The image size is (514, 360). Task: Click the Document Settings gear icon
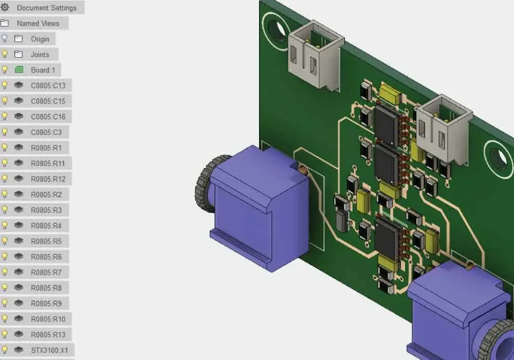[x=5, y=7]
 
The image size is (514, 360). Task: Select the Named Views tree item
[x=38, y=23]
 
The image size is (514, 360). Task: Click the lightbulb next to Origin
[x=5, y=39]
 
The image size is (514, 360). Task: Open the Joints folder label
[x=40, y=55]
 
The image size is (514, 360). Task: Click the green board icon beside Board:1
[x=19, y=70]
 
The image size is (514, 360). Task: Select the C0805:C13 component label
[x=48, y=85]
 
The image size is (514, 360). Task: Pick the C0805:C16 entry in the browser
[x=48, y=117]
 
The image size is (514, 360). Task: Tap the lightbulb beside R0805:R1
[x=5, y=148]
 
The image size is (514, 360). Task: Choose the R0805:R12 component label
[x=48, y=179]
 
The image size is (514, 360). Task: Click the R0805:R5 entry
[x=46, y=241]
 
